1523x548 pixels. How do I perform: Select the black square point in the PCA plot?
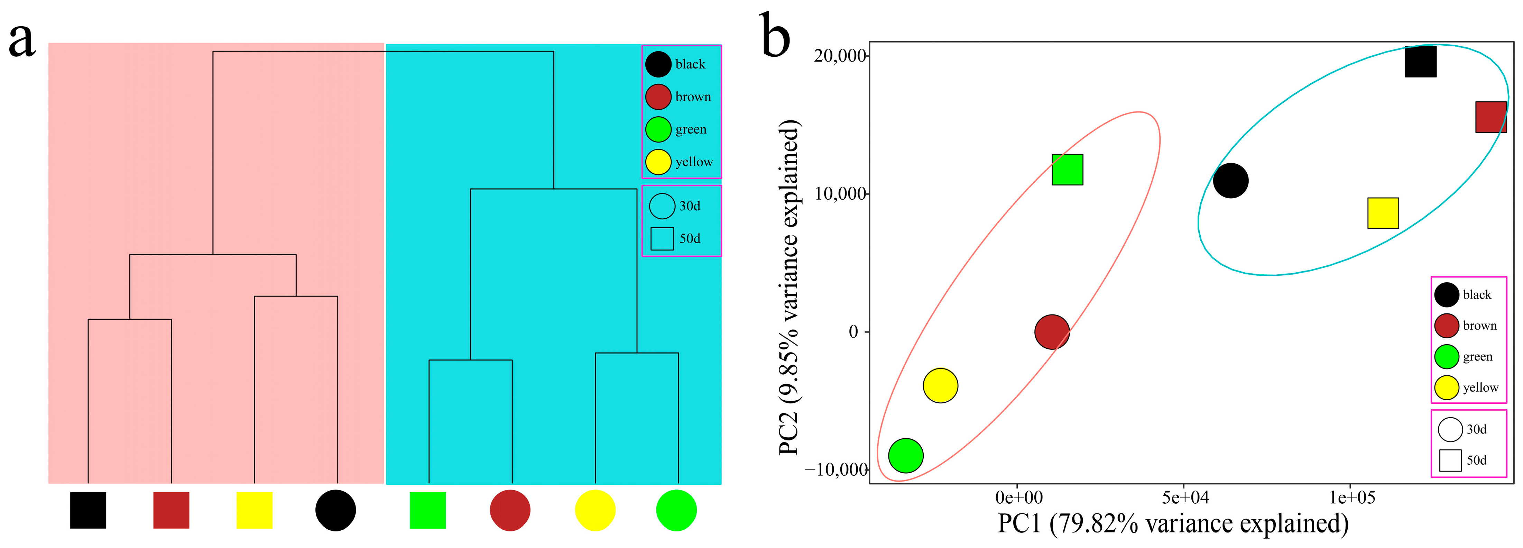click(1420, 62)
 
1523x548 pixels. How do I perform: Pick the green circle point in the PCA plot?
click(905, 456)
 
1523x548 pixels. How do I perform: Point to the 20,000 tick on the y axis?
click(840, 56)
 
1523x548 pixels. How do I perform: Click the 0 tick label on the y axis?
click(853, 332)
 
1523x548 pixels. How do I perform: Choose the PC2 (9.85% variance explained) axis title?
click(789, 287)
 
